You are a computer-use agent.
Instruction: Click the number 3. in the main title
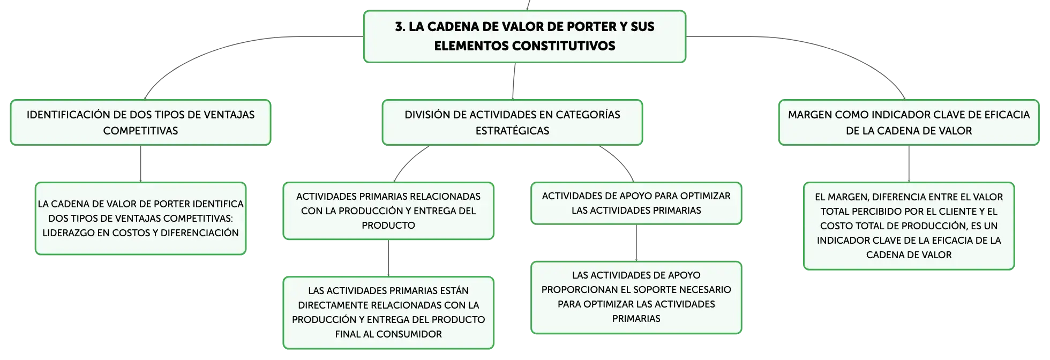(400, 27)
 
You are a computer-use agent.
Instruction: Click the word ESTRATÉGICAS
(512, 131)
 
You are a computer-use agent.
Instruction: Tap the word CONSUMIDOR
(409, 334)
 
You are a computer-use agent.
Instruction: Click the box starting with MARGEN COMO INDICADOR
(909, 122)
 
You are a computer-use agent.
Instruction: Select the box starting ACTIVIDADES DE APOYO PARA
(636, 203)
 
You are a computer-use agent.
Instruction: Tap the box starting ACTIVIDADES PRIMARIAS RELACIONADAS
(388, 211)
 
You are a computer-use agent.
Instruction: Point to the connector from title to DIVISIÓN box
(514, 81)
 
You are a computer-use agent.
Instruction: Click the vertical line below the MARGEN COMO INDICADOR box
(909, 163)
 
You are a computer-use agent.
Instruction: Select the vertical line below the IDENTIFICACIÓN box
(140, 163)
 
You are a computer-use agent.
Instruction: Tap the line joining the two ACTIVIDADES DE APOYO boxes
(636, 243)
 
